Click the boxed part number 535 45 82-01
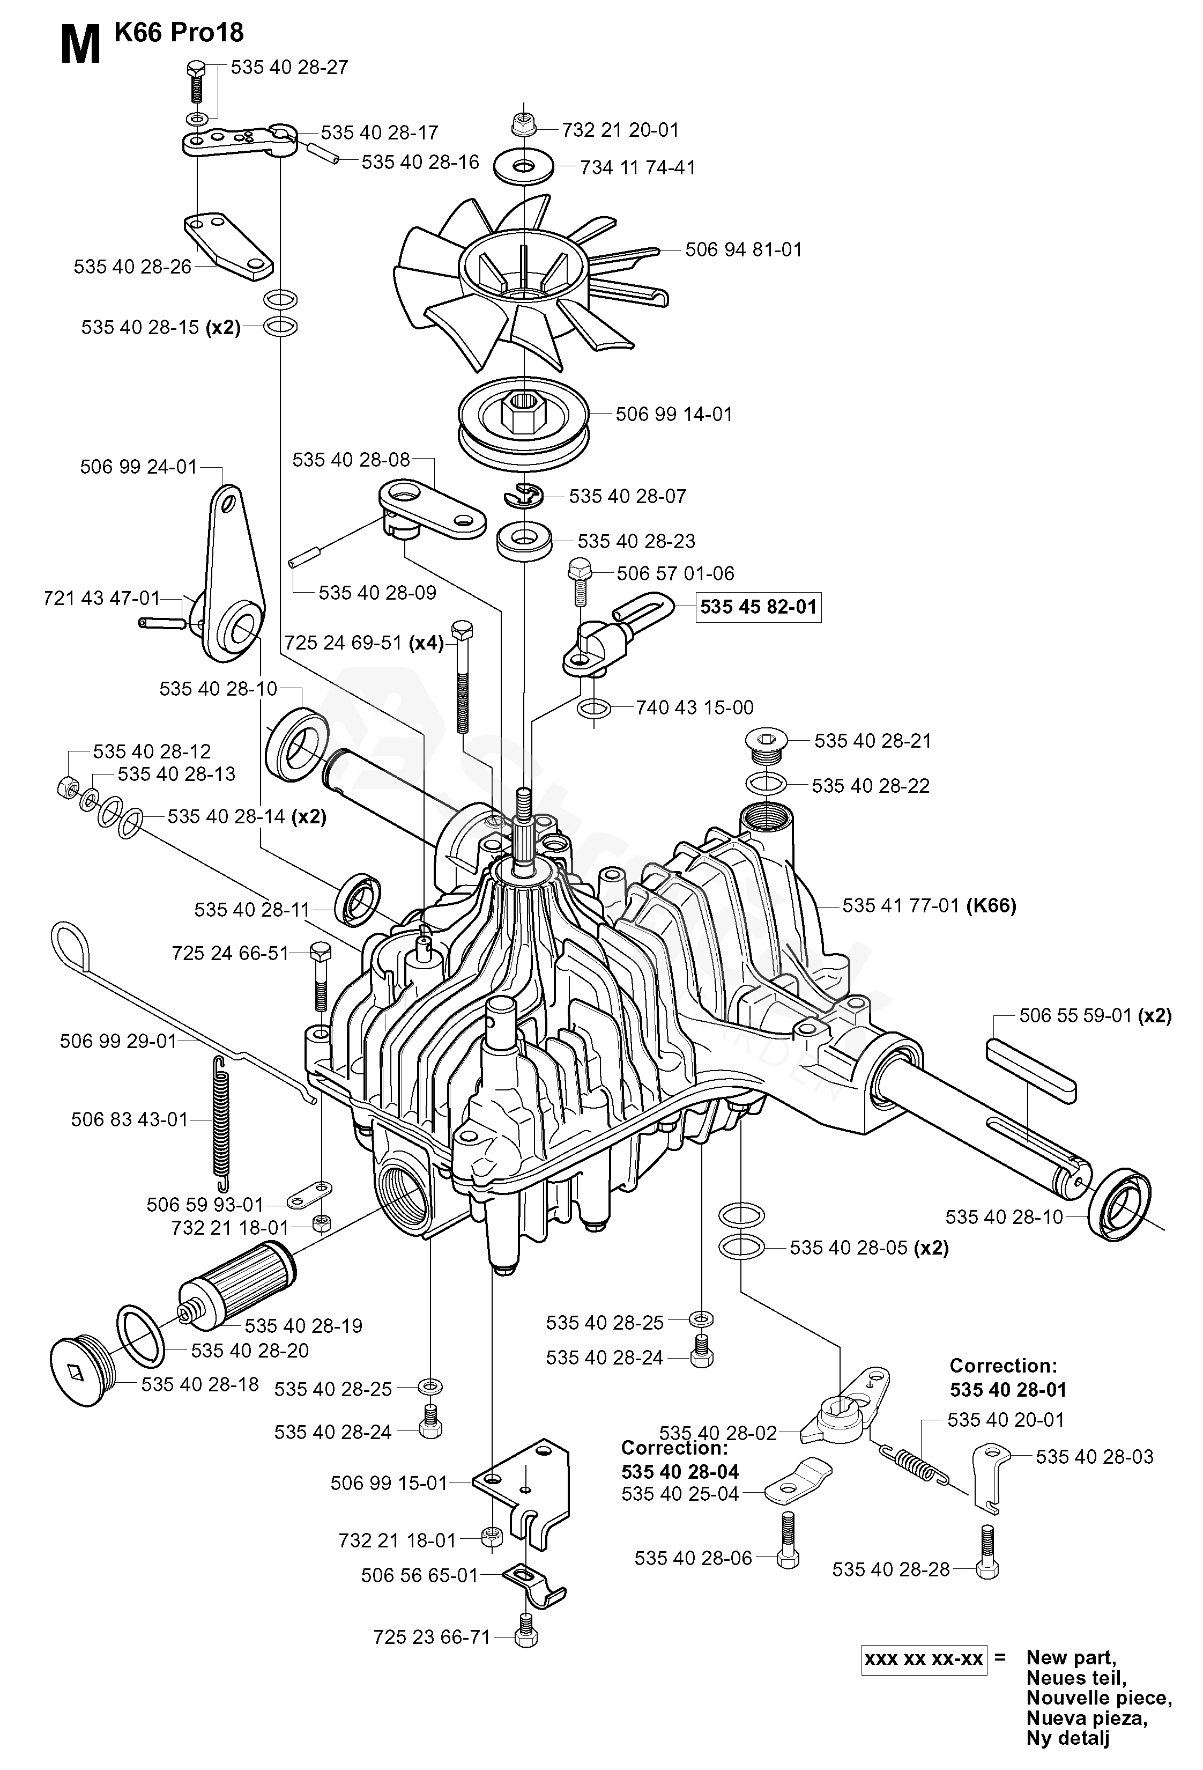759,607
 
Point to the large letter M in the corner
80,46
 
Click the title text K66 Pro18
179,32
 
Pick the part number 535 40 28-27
289,67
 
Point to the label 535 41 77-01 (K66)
929,905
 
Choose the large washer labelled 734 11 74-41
524,166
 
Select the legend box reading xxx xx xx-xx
924,1658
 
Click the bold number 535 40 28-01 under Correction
1008,1390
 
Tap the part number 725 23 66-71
432,1637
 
